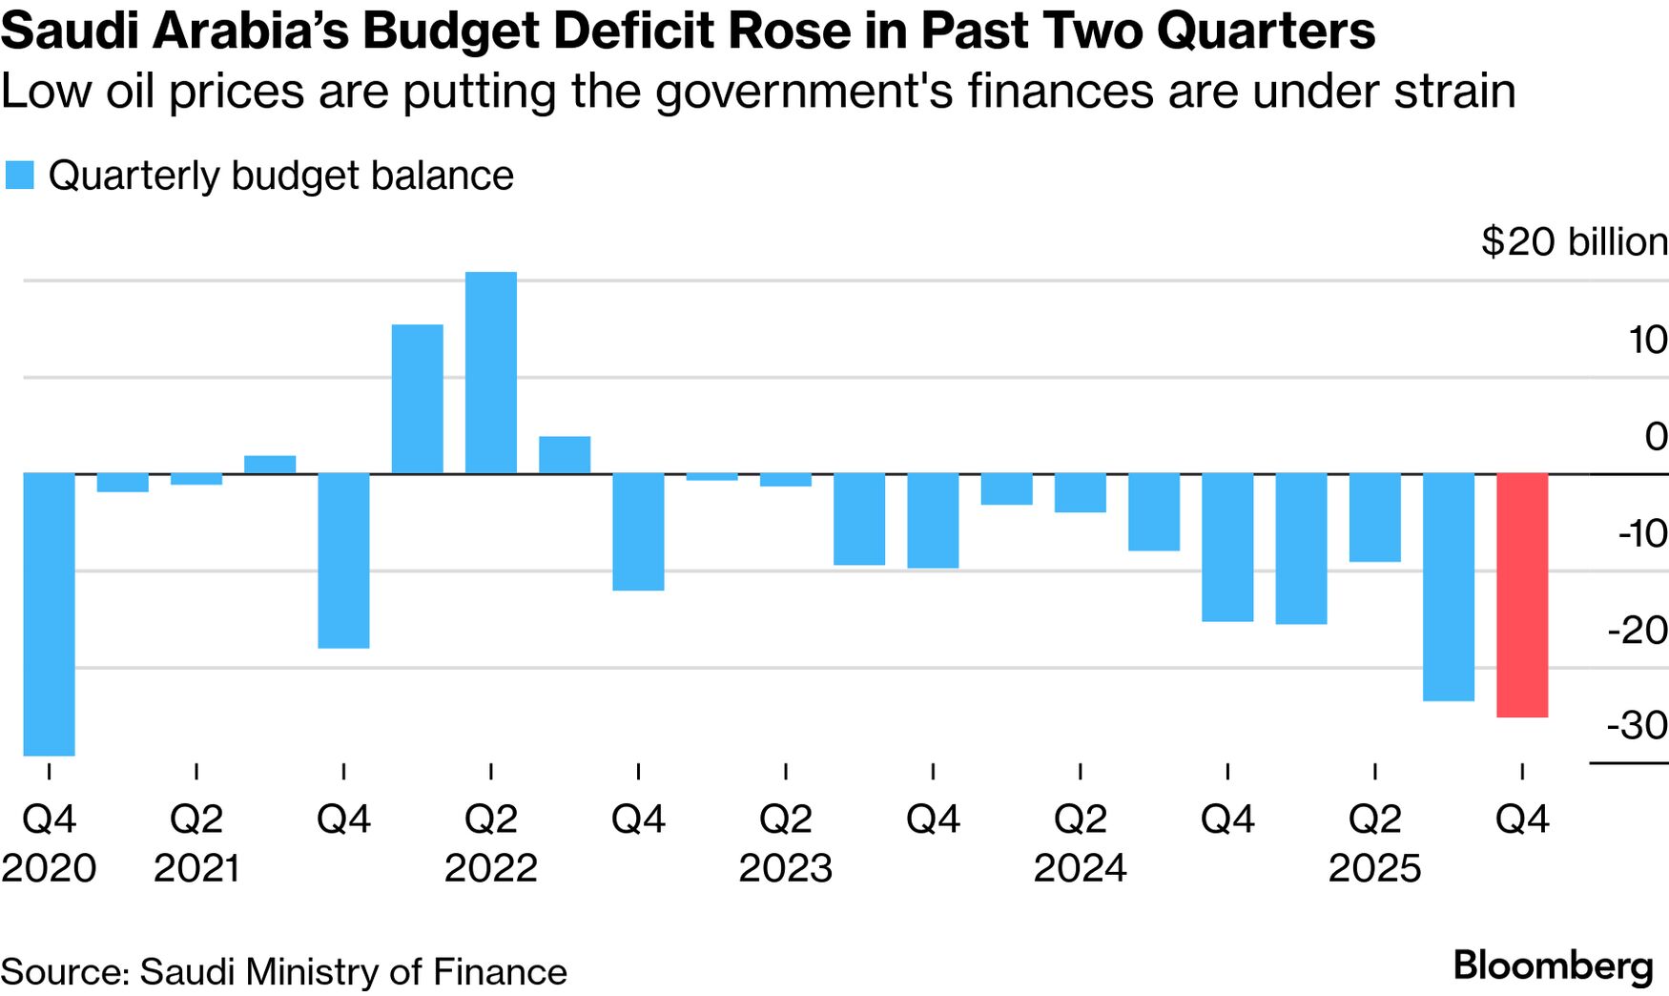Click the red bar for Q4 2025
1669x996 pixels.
[x=1522, y=594]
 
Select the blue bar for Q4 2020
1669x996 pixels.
[x=49, y=613]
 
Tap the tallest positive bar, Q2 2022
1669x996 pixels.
[x=490, y=372]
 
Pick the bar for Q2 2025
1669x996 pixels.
[x=1374, y=517]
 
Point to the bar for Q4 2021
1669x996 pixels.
[x=343, y=560]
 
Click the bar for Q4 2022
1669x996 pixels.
[x=638, y=531]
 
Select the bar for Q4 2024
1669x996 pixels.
[x=1227, y=547]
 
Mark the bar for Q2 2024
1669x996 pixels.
[x=1080, y=492]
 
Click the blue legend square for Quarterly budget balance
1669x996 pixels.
[x=19, y=176]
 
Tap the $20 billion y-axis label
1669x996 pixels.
[x=1574, y=242]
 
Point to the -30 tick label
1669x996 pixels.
[x=1638, y=726]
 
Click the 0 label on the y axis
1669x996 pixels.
[x=1656, y=437]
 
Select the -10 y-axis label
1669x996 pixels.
[x=1641, y=533]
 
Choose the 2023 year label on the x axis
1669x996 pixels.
[x=785, y=868]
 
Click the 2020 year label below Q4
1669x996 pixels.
[x=49, y=868]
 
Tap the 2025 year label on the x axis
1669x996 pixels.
[x=1374, y=868]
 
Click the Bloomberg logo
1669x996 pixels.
[x=1553, y=966]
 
